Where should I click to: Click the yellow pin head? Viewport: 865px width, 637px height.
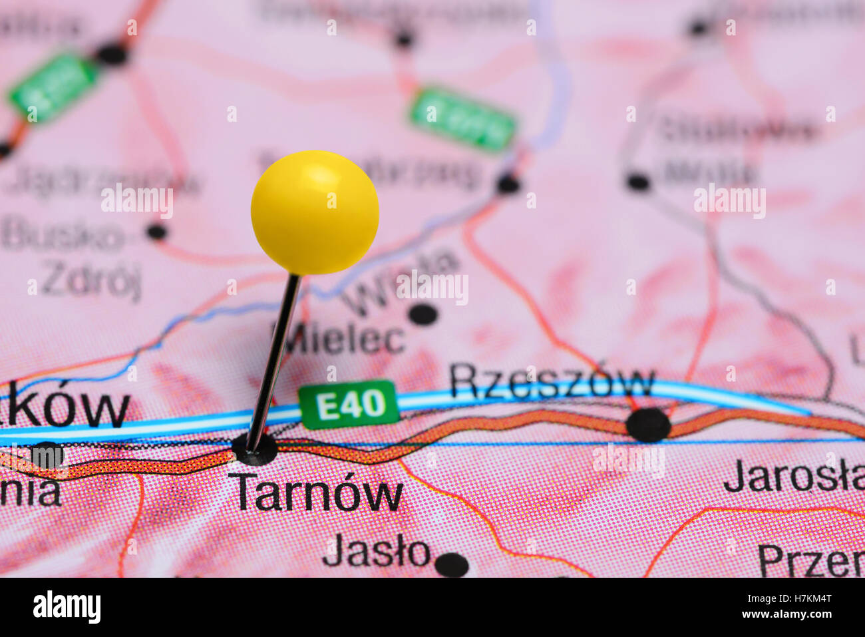coord(315,212)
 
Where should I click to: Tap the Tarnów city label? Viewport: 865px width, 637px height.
coord(315,493)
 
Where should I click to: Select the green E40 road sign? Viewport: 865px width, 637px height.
coord(349,404)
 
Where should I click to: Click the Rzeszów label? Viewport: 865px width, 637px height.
coord(552,382)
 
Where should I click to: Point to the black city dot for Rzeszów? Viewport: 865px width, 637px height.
coord(647,425)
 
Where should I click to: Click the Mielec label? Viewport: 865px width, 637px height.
coord(339,339)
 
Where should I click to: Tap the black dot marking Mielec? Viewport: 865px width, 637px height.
coord(423,314)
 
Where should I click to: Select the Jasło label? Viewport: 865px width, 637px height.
coord(376,552)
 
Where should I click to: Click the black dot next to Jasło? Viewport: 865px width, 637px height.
coord(452,564)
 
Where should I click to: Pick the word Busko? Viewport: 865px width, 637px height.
coord(63,236)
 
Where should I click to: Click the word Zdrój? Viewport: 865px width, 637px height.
coord(91,281)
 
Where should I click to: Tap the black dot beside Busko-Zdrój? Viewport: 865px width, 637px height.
coord(157,232)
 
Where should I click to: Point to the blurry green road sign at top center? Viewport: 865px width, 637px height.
coord(462,118)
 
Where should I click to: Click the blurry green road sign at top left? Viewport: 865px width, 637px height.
coord(53,87)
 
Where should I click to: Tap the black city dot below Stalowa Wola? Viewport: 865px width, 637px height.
coord(637,181)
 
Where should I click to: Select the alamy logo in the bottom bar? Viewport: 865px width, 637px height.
coord(67,607)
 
